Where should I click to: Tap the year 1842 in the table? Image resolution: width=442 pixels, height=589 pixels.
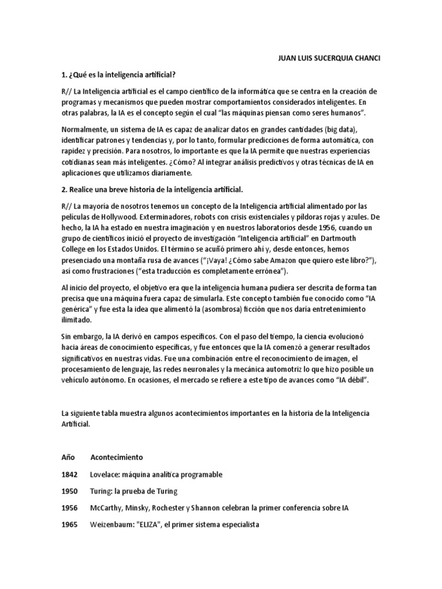coord(69,475)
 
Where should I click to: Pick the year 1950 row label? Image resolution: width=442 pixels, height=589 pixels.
coord(69,491)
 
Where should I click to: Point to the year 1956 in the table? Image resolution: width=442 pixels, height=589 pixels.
coord(69,508)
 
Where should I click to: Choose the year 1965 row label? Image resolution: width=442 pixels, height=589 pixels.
coord(69,525)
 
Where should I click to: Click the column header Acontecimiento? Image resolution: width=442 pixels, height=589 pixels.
coord(117,457)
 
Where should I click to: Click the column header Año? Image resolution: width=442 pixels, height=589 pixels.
coord(68,457)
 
